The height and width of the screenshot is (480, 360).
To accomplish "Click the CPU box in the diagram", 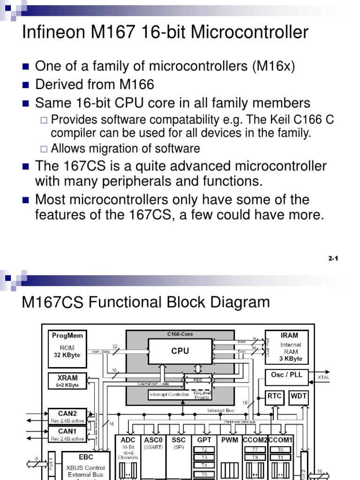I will pos(180,351).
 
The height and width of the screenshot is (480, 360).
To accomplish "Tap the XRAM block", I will pos(67,381).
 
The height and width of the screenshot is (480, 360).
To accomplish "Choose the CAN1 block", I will pos(67,434).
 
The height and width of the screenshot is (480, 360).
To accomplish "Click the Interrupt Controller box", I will pos(169,394).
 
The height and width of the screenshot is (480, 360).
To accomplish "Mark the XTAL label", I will pos(323,377).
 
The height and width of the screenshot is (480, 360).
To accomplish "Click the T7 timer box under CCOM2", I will pos(255,450).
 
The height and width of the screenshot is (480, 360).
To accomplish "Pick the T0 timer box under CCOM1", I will pos(280,450).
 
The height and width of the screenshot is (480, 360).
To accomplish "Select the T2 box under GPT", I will pos(204,450).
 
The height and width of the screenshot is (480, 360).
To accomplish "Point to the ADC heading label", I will pos(128,440).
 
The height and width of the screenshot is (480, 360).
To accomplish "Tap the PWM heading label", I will pos(230,440).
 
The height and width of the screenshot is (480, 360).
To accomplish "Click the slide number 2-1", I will pos(333,258).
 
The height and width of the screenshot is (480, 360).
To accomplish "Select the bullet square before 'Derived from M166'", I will pos(26,85).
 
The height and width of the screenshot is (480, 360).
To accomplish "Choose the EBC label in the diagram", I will pos(86,457).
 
